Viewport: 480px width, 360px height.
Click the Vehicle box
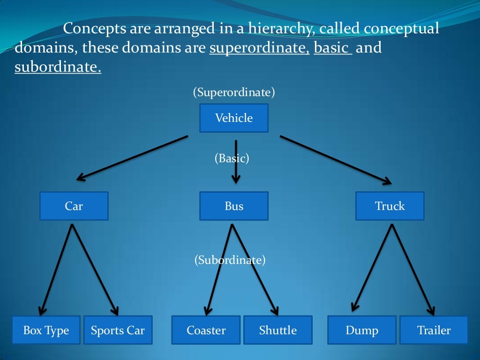coord(234,118)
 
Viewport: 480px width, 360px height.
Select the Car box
coord(74,206)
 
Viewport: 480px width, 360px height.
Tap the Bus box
coord(234,206)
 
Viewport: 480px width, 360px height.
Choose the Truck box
coord(390,206)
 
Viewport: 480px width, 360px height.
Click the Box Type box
coord(46,330)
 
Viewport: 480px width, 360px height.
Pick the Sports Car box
coord(118,330)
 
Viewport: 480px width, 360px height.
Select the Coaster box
coord(206,330)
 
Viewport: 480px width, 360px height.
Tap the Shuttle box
coord(278,330)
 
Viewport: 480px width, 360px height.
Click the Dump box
coord(362,330)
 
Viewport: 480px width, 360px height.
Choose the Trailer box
coord(434,330)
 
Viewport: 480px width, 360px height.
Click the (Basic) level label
coord(232,158)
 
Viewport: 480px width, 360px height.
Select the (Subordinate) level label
coord(230,260)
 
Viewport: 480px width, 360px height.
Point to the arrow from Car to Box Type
coord(57,270)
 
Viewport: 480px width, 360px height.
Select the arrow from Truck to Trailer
coord(412,270)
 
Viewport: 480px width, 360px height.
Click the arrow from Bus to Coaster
coord(218,270)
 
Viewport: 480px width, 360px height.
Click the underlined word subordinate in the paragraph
coord(58,67)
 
